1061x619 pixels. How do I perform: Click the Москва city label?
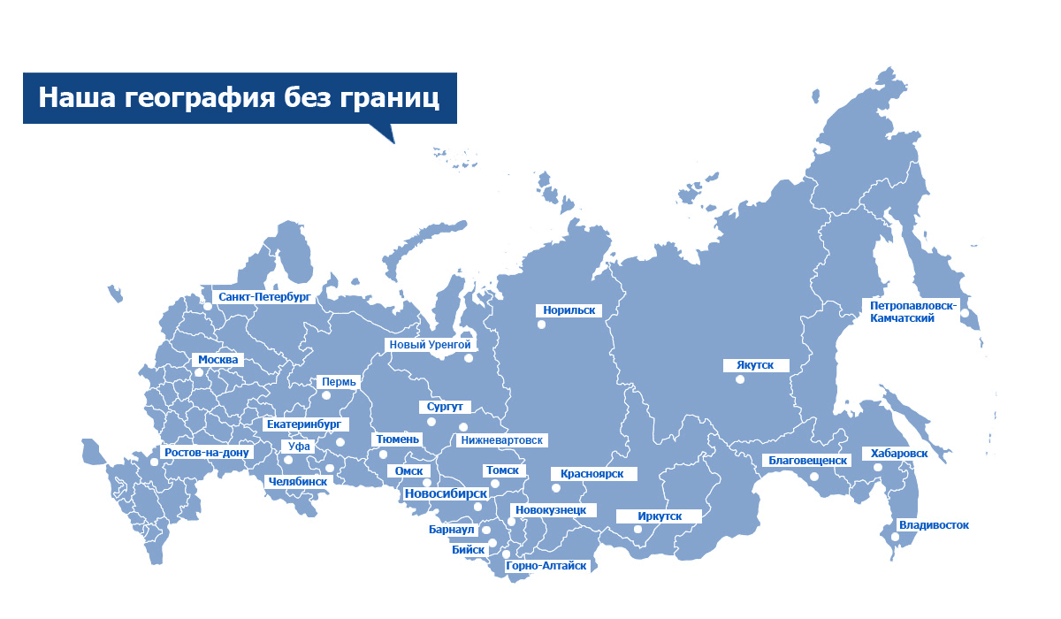tap(218, 360)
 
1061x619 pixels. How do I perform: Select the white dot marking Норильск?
tap(541, 325)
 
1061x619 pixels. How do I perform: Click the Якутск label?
tap(748, 364)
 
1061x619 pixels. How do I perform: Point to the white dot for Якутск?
tap(739, 379)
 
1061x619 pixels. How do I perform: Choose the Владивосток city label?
tap(933, 524)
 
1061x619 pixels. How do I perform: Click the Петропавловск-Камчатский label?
tap(912, 311)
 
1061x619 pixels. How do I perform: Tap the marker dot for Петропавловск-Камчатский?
tap(966, 312)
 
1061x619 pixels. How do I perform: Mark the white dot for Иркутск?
tap(637, 529)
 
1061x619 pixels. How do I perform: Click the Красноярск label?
tap(592, 474)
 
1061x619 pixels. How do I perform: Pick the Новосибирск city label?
tap(446, 493)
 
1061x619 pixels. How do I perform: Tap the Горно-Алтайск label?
tap(546, 565)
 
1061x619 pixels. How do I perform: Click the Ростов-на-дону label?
tap(208, 452)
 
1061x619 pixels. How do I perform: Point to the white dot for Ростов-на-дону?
tap(155, 462)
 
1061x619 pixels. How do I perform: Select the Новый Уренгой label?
tap(430, 344)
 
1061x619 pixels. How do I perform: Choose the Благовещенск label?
tap(807, 460)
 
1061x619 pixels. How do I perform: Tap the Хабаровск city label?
tap(899, 454)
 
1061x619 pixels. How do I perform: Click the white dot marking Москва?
tap(199, 373)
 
